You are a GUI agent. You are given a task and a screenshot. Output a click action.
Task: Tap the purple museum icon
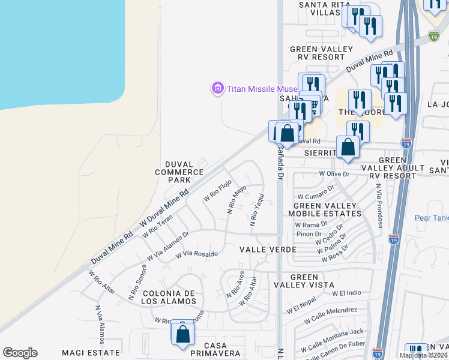click(217, 89)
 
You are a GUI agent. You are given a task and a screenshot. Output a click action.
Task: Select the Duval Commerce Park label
click(179, 172)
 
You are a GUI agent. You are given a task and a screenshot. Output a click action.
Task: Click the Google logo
click(20, 353)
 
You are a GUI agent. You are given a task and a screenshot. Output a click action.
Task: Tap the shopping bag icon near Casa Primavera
click(182, 333)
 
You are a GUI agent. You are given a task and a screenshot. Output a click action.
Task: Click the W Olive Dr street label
click(334, 173)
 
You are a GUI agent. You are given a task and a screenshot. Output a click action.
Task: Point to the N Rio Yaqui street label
click(256, 209)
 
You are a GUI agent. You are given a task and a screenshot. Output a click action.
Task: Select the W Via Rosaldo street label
click(196, 254)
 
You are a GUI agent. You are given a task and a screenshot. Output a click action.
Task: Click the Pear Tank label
click(432, 218)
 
